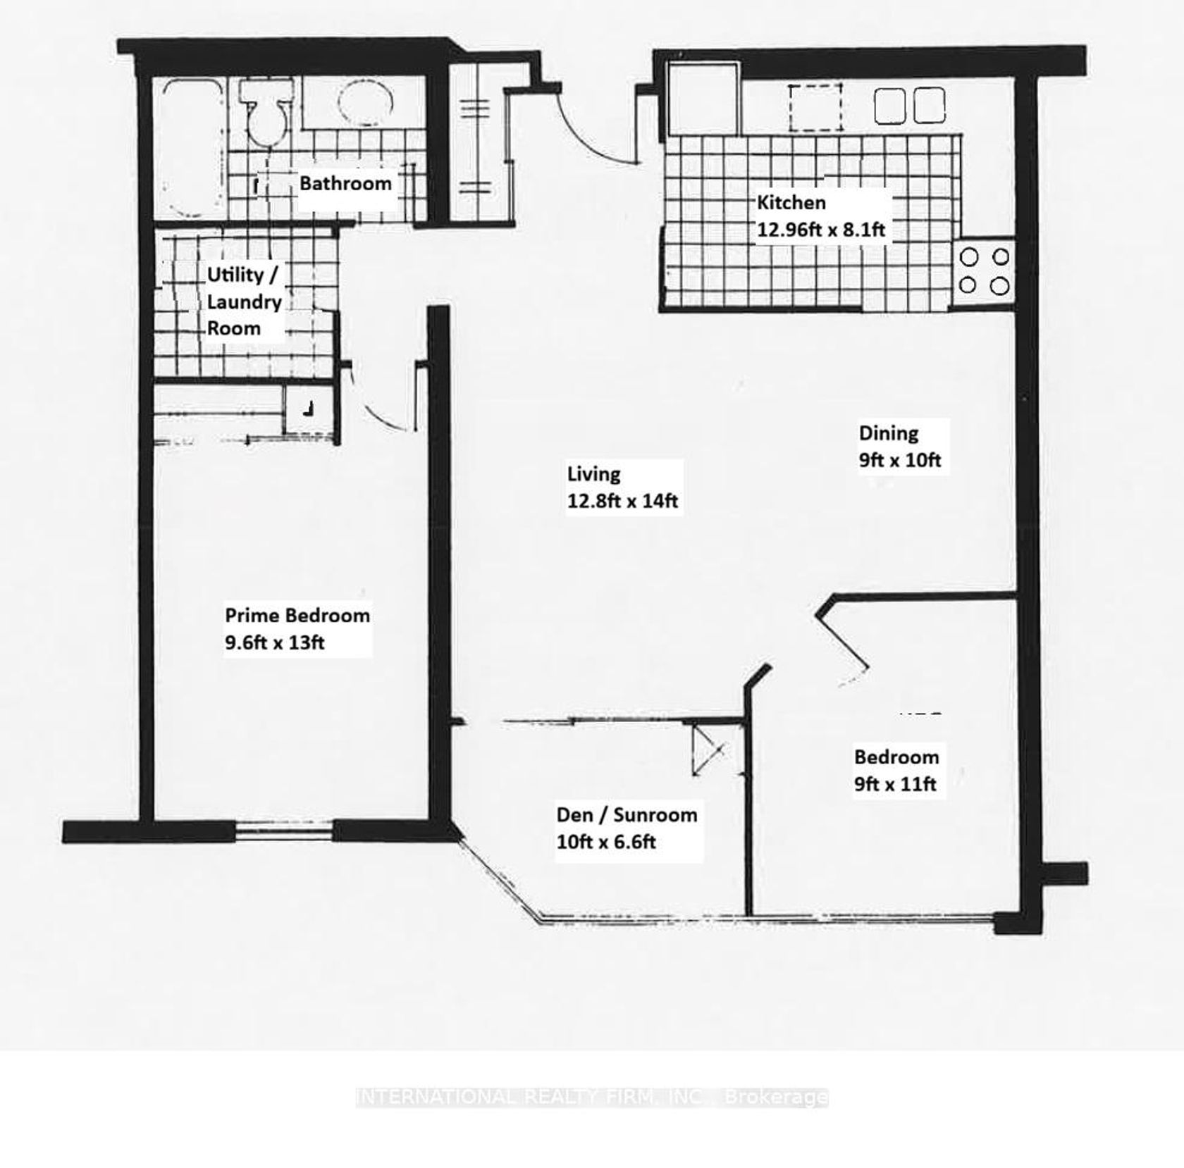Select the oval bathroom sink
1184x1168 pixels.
(x=365, y=103)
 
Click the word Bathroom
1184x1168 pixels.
(x=345, y=184)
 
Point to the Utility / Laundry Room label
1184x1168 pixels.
(x=244, y=302)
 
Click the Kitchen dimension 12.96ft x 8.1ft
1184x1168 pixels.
(x=821, y=230)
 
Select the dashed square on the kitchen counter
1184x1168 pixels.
(x=815, y=107)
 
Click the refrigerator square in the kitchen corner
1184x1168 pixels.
(x=703, y=99)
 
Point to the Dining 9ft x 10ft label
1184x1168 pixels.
(x=900, y=447)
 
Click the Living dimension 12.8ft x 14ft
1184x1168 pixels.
(x=622, y=501)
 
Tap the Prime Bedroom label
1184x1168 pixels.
(x=297, y=616)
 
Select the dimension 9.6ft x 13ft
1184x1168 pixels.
(x=275, y=643)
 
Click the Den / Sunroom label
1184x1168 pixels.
(x=627, y=815)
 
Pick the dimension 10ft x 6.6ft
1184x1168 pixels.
(x=606, y=843)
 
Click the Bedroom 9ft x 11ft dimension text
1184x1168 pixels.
(x=895, y=784)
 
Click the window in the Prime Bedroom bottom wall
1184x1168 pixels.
(x=284, y=831)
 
